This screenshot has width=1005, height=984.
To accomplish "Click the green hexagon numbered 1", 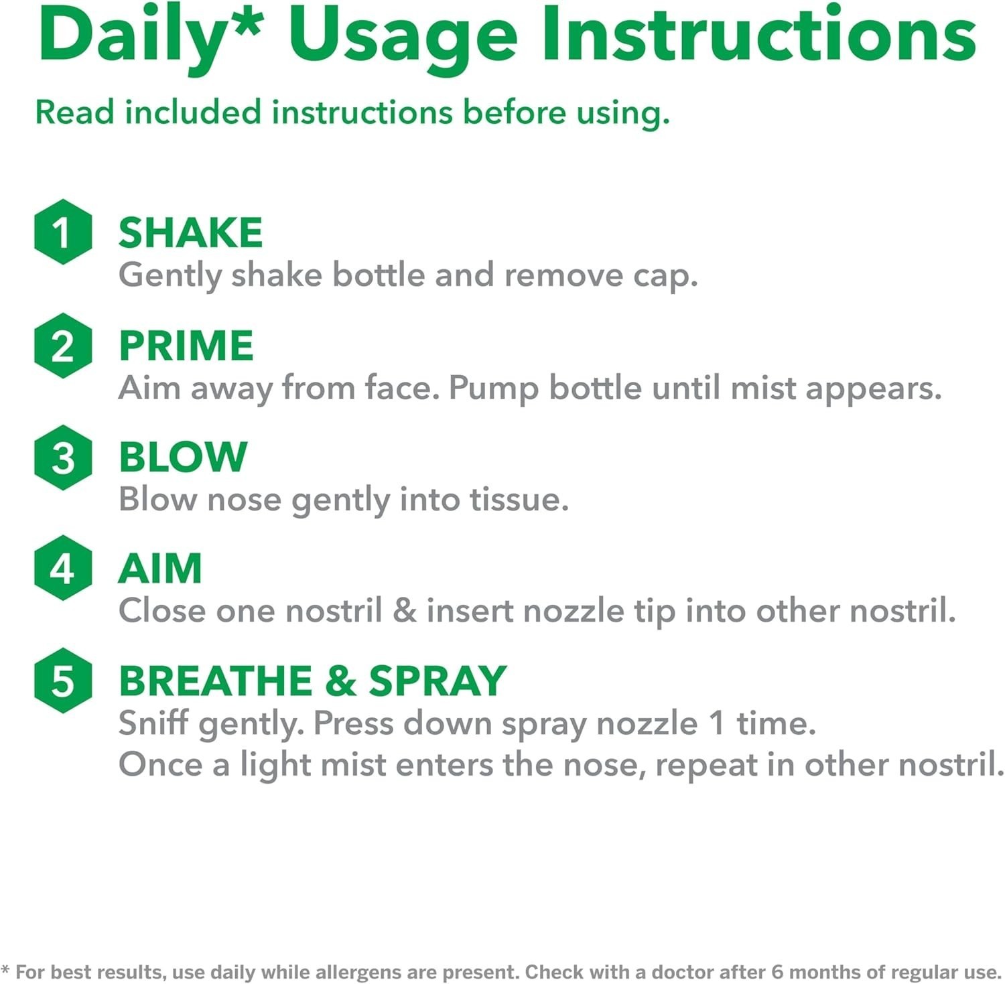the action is click(63, 232).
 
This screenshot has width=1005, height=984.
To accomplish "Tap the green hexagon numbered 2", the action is click(63, 346).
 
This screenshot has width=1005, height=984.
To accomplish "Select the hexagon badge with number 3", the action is click(63, 458).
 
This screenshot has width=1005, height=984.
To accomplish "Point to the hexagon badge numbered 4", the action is click(63, 568).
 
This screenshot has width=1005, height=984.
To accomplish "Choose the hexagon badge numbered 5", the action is click(63, 681).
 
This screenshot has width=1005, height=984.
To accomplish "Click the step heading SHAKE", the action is click(190, 232).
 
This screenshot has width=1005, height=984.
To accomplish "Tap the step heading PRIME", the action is click(186, 346).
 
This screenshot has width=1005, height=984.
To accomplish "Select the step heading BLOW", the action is click(183, 457).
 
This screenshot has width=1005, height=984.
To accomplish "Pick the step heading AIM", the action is click(160, 569).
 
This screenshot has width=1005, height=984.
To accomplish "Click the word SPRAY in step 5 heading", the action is click(438, 681).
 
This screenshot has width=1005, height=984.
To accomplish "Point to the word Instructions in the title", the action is click(758, 35).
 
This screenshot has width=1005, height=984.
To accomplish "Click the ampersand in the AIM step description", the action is click(405, 611).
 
